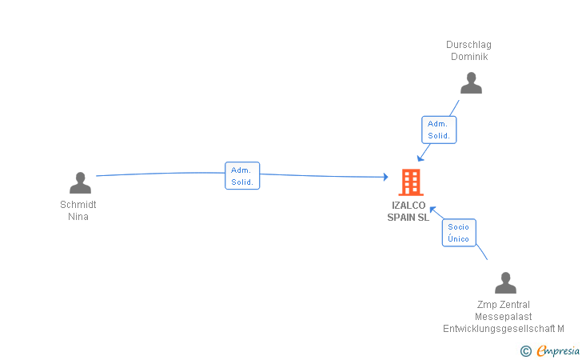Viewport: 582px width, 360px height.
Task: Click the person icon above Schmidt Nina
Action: pyautogui.click(x=80, y=183)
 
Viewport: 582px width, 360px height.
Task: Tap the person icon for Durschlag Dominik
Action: pyautogui.click(x=471, y=83)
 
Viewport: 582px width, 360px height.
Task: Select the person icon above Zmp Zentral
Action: pyautogui.click(x=505, y=283)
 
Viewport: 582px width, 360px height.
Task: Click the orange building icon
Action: pyautogui.click(x=410, y=182)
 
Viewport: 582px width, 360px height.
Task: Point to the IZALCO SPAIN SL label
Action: pyautogui.click(x=409, y=211)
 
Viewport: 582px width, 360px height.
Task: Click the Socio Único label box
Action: pyautogui.click(x=459, y=233)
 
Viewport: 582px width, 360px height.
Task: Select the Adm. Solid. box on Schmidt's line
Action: pyautogui.click(x=242, y=176)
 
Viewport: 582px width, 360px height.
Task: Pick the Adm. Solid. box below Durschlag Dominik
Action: pyautogui.click(x=439, y=130)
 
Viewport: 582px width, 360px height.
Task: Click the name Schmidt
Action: pyautogui.click(x=78, y=205)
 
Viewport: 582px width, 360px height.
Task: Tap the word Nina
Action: pyautogui.click(x=78, y=217)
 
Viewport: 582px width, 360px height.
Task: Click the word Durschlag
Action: pyautogui.click(x=469, y=45)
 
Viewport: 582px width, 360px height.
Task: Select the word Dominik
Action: pyautogui.click(x=469, y=57)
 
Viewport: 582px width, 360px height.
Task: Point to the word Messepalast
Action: pyautogui.click(x=504, y=317)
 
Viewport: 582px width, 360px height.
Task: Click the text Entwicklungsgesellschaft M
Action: pyautogui.click(x=504, y=329)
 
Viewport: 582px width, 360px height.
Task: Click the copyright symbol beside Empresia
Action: pyautogui.click(x=526, y=350)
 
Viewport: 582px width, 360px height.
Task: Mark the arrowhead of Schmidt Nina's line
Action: pyautogui.click(x=386, y=177)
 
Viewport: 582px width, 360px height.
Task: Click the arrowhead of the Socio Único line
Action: pyautogui.click(x=433, y=210)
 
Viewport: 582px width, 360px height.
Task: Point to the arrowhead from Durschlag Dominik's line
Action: pyautogui.click(x=421, y=158)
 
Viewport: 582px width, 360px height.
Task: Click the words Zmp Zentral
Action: pyautogui.click(x=504, y=305)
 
